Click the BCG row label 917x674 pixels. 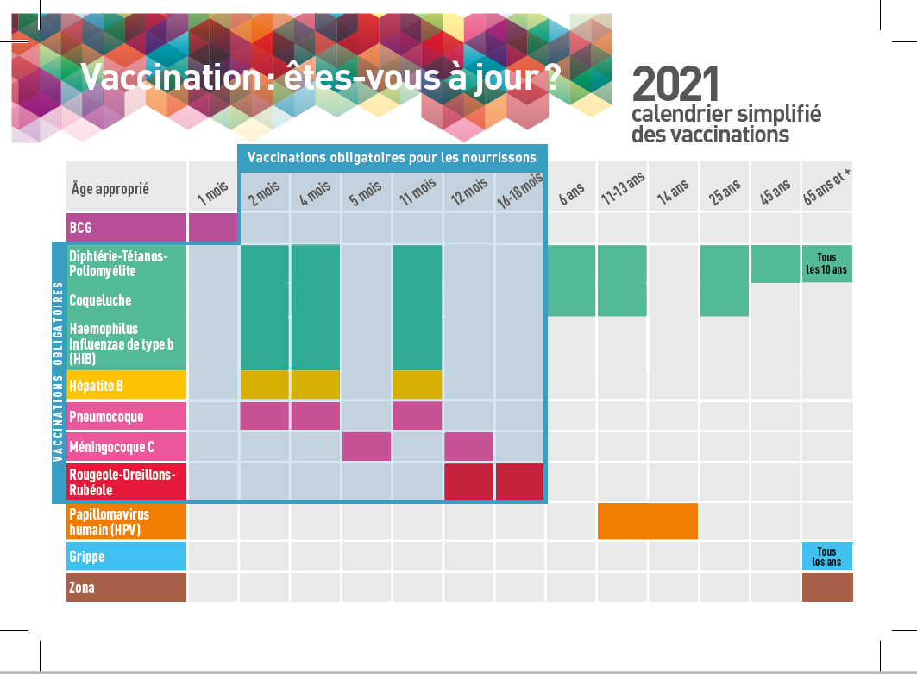(x=126, y=228)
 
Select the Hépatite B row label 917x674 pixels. (x=126, y=385)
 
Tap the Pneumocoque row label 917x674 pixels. (x=126, y=417)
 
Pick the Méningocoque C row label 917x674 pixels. (x=126, y=447)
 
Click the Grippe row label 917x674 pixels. (x=126, y=557)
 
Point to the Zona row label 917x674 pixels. (x=126, y=588)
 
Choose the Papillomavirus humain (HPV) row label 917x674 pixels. (x=126, y=521)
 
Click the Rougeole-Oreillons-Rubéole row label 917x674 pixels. (x=126, y=482)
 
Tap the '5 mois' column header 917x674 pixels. (x=366, y=192)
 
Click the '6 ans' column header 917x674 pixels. (x=570, y=193)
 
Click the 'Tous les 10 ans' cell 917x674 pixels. (x=826, y=263)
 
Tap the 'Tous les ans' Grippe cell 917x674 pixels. (x=826, y=557)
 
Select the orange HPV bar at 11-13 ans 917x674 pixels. (x=647, y=520)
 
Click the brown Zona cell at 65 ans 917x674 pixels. (x=826, y=587)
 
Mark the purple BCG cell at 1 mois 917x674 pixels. (x=212, y=228)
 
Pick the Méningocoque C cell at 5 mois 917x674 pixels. (x=366, y=447)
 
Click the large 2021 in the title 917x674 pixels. (x=675, y=85)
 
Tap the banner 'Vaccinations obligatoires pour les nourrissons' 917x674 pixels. (x=392, y=157)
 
